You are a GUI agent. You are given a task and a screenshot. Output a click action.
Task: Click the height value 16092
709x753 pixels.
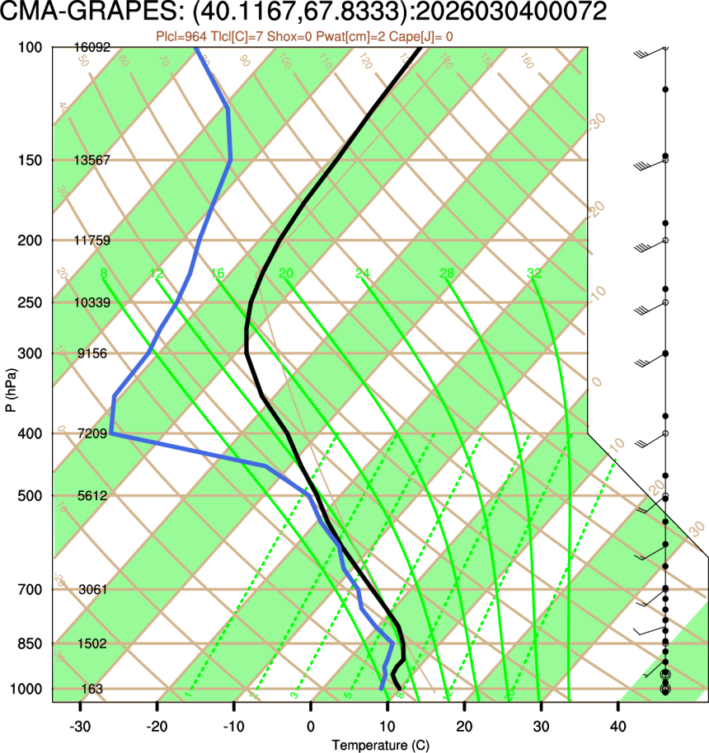tap(91, 48)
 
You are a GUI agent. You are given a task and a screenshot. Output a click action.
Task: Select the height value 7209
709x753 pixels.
tap(91, 433)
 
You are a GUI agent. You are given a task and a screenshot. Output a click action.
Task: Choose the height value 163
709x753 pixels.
tap(92, 689)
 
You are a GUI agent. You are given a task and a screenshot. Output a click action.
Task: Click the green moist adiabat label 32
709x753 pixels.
tap(533, 274)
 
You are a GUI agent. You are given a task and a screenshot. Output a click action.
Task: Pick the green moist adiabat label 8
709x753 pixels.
tap(103, 274)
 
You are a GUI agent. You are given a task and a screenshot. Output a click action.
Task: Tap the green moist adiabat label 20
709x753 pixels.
tap(286, 274)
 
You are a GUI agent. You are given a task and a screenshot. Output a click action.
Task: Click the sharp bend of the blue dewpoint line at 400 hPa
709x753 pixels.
tap(110, 433)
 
